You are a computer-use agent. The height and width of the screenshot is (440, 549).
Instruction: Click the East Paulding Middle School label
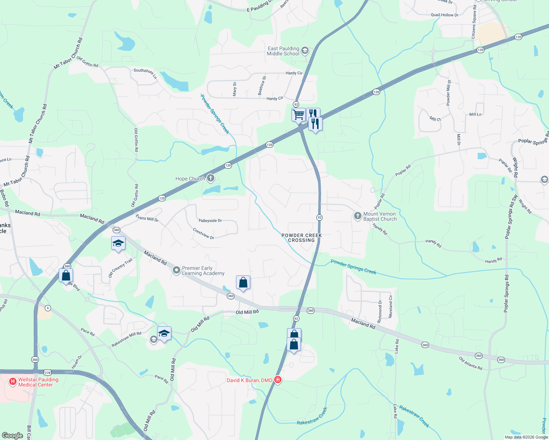click(283, 51)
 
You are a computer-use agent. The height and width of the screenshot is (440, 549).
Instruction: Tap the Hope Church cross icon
click(210, 179)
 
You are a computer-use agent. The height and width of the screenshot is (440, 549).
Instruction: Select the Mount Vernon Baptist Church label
click(380, 216)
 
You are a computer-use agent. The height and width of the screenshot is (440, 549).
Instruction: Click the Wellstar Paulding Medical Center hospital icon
click(13, 382)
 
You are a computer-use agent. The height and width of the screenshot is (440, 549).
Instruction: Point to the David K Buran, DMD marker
click(278, 380)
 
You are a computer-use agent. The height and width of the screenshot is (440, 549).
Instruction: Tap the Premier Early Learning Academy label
click(203, 271)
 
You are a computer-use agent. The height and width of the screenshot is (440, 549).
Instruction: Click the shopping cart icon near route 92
click(298, 114)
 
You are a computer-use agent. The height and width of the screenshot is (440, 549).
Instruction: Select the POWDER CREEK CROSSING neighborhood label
click(301, 238)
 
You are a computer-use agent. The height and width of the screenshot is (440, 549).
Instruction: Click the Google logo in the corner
click(12, 436)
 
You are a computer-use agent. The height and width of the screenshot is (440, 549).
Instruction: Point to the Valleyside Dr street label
click(210, 220)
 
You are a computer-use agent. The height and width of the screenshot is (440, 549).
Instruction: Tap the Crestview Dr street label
click(203, 234)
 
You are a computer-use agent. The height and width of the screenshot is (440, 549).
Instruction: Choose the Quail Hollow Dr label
click(444, 15)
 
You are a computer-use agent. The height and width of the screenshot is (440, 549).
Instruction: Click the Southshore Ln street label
click(145, 73)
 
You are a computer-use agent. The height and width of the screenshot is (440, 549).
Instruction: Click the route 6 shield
click(48, 308)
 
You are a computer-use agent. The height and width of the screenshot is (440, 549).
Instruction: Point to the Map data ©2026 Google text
click(526, 437)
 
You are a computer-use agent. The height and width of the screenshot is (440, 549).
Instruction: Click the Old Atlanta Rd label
click(470, 363)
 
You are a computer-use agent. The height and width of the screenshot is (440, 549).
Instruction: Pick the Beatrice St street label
click(262, 86)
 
